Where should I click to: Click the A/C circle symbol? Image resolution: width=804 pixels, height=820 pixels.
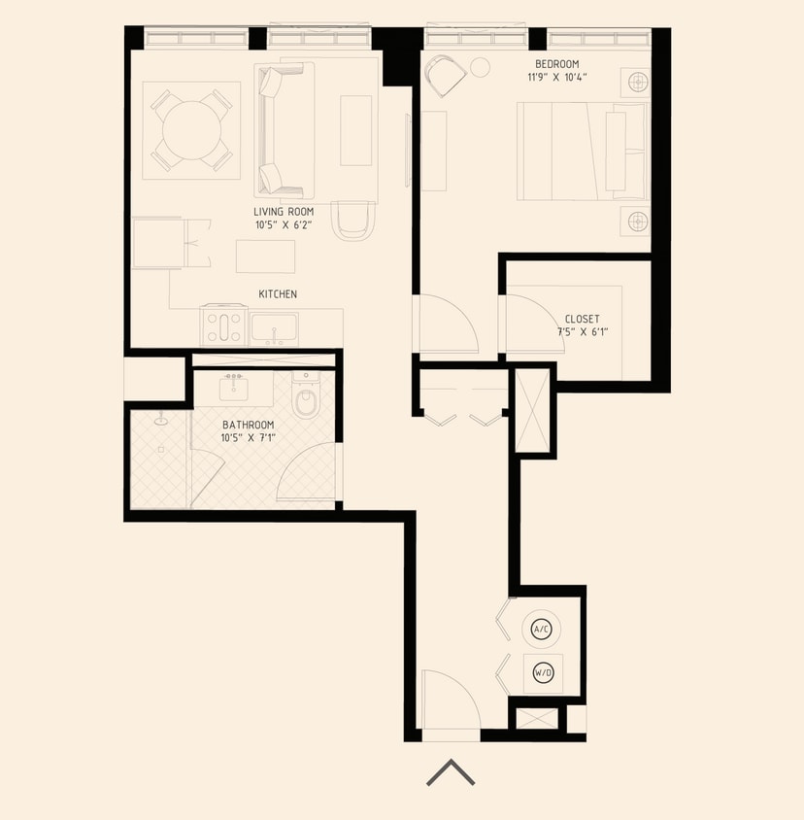point(542,630)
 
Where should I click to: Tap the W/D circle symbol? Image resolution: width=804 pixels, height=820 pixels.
point(542,671)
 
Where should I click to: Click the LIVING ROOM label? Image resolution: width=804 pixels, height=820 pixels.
point(284,212)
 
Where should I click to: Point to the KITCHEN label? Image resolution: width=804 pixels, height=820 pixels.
point(277,293)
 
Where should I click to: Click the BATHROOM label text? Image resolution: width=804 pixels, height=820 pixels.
point(248,425)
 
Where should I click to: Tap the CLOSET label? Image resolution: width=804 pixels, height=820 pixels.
point(582,319)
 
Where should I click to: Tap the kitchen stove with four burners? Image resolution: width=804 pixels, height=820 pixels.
point(223,326)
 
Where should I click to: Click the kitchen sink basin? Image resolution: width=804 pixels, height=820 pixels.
point(274,327)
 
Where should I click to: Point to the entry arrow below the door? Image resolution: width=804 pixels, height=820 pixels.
point(451,772)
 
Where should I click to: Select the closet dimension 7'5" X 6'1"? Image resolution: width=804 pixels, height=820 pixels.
point(582,332)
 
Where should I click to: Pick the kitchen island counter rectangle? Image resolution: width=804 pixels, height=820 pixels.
point(265,256)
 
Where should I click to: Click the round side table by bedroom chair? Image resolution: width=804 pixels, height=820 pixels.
point(481,67)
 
